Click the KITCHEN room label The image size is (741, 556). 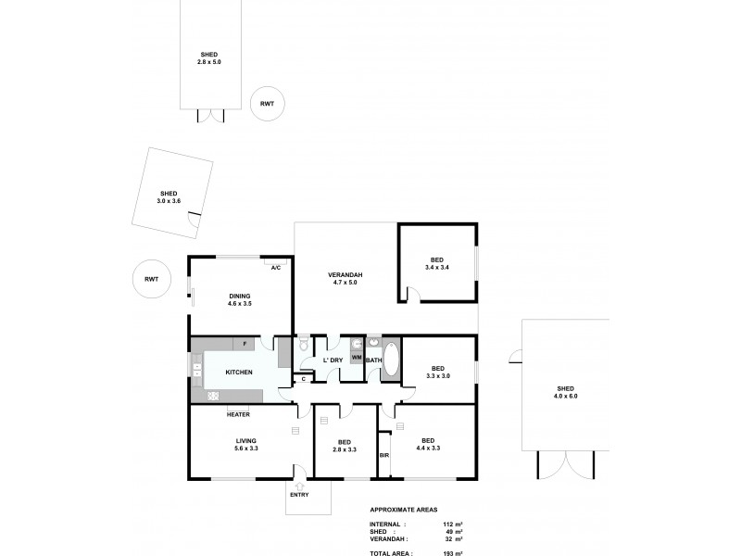tap(240, 372)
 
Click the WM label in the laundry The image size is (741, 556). tap(357, 358)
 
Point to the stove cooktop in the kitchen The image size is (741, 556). tap(212, 396)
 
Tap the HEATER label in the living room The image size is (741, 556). tap(239, 414)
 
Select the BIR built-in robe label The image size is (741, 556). tap(383, 456)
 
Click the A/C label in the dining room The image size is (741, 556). tap(276, 267)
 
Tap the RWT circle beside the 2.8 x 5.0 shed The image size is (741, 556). tap(267, 104)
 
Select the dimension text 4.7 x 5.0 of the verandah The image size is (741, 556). tap(345, 283)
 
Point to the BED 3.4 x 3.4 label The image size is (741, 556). tap(437, 263)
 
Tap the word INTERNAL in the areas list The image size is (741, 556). tap(386, 523)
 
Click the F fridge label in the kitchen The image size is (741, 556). tap(245, 344)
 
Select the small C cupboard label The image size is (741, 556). tap(304, 379)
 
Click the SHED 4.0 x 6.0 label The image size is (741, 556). tap(566, 392)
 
